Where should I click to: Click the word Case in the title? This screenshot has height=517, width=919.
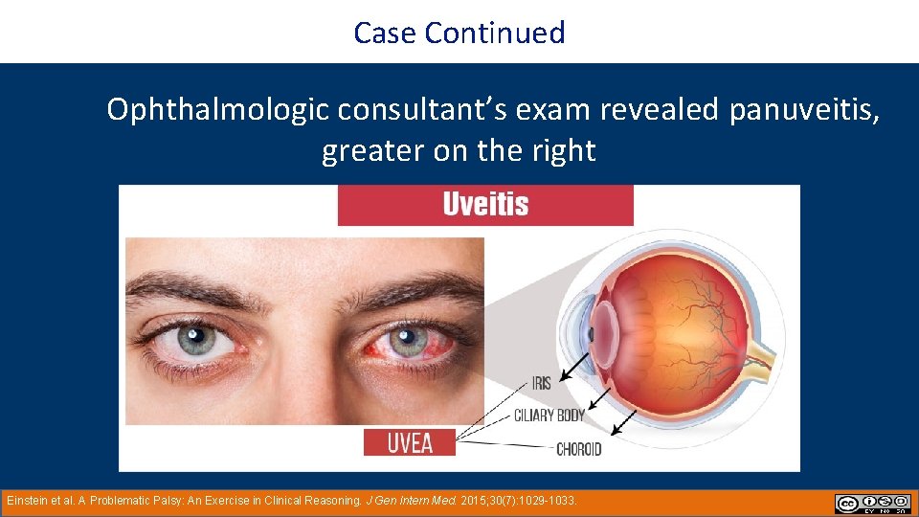point(386,33)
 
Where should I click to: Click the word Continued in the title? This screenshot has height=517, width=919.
point(495,33)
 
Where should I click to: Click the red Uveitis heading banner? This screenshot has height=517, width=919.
point(485,205)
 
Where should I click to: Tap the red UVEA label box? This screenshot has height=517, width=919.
point(410,441)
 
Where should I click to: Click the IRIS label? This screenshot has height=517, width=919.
point(541,384)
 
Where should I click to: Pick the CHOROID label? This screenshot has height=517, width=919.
point(578,447)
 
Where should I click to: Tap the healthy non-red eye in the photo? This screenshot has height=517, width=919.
point(198,339)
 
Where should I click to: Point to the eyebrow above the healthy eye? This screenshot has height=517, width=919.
point(196,287)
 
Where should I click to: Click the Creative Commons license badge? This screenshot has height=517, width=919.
point(872,504)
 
